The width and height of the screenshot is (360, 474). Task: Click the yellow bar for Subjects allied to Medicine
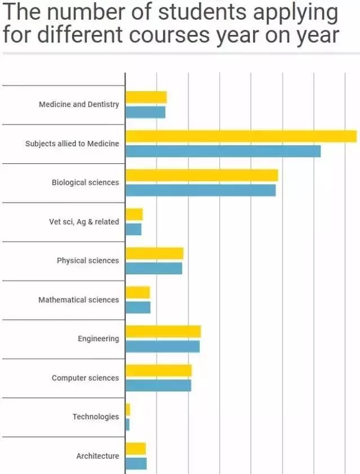241,136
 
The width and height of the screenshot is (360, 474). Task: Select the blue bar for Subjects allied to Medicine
223,151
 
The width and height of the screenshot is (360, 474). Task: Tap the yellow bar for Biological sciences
201,176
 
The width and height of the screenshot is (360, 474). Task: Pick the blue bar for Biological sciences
200,190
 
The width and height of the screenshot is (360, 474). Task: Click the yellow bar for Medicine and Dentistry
146,97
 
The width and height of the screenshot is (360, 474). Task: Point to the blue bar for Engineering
162,346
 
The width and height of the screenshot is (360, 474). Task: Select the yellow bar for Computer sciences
158,370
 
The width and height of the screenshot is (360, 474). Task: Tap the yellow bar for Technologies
128,409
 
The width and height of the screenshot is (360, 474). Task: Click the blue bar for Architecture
136,463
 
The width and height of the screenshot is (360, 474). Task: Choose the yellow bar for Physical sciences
154,253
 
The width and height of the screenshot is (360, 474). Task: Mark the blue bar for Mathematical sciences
137,307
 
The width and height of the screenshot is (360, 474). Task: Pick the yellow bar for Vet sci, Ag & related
134,214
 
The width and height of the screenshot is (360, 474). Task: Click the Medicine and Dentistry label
79,105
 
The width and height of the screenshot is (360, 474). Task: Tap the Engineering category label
98,339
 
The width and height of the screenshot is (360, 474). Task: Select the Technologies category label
96,417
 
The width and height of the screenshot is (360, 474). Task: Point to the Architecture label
97,456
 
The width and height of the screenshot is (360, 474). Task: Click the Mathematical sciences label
79,300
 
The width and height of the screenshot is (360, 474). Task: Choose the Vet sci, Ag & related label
84,222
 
